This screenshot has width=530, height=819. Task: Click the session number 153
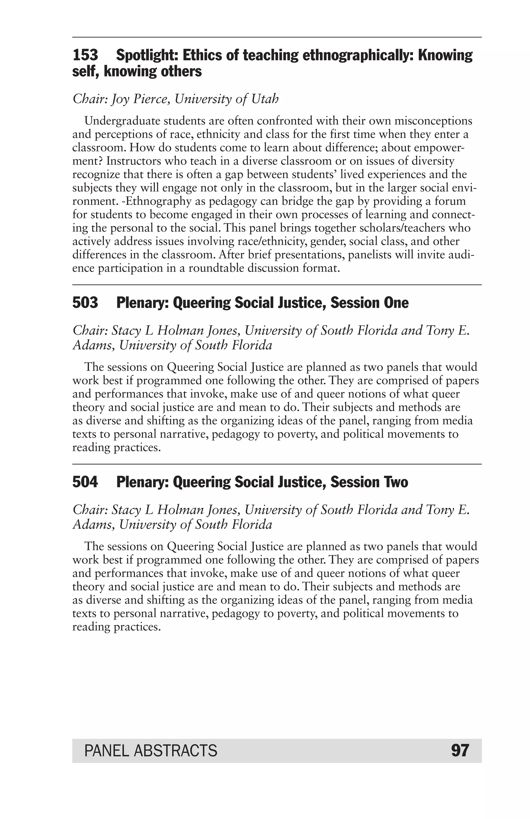point(85,55)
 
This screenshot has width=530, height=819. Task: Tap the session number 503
point(85,303)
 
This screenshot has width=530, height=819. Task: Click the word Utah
point(264,99)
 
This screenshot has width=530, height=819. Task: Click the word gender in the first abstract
point(327,242)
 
